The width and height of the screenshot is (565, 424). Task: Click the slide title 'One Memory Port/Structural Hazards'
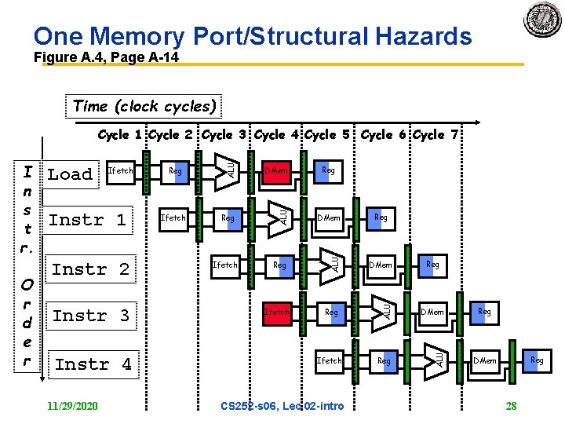tap(253, 36)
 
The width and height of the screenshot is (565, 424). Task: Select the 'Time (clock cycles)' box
tap(144, 106)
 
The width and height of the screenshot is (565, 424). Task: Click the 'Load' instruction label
tap(70, 174)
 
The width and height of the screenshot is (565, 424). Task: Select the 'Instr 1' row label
tap(87, 220)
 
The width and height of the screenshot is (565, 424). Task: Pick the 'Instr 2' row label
tap(90, 269)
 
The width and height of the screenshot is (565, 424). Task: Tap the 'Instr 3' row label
tap(91, 316)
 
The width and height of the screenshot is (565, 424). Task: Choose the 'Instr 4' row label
tap(93, 364)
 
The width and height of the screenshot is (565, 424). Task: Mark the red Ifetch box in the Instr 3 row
tap(276, 312)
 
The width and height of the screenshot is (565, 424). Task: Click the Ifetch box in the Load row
tap(120, 170)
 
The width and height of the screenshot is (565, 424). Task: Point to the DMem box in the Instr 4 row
tap(484, 360)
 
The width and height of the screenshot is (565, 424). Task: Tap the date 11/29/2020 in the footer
tap(72, 406)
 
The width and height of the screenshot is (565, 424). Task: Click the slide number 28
tap(511, 406)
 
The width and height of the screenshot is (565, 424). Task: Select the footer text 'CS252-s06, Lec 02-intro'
tap(282, 406)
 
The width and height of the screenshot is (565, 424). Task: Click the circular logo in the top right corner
tap(542, 19)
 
